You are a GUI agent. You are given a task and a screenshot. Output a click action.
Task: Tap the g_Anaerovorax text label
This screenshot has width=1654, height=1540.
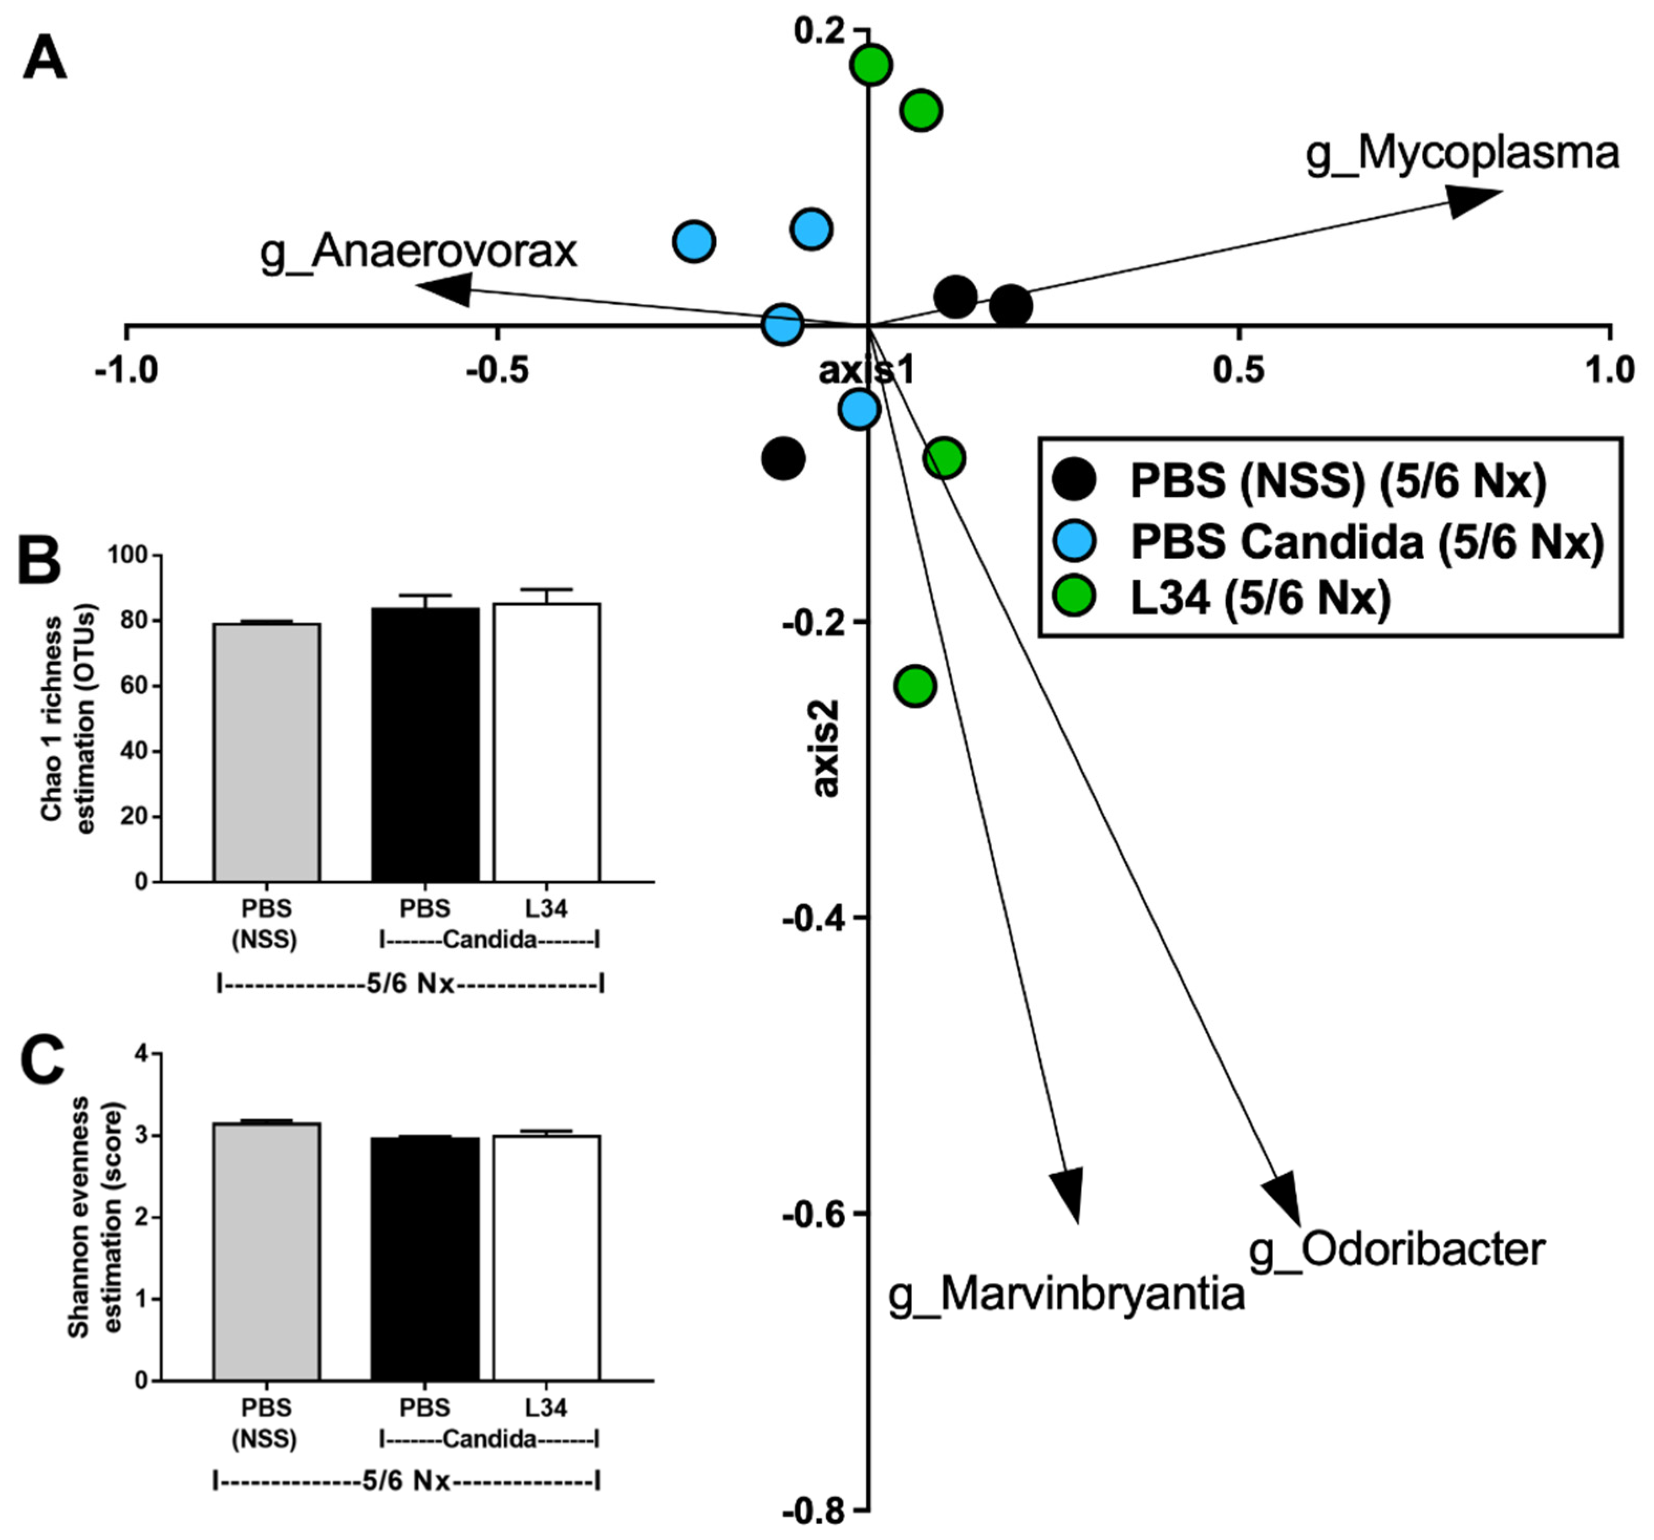click(x=419, y=251)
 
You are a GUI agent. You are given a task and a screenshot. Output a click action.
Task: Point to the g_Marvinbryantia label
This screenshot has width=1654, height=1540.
click(x=1066, y=1294)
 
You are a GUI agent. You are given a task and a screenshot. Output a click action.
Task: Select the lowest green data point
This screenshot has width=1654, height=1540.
click(x=915, y=686)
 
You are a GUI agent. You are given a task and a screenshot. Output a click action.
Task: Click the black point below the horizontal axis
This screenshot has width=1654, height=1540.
click(x=783, y=458)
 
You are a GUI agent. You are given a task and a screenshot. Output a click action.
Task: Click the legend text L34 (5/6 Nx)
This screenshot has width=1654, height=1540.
click(x=1260, y=598)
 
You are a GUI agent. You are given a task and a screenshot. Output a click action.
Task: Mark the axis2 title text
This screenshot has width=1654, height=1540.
click(x=826, y=749)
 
